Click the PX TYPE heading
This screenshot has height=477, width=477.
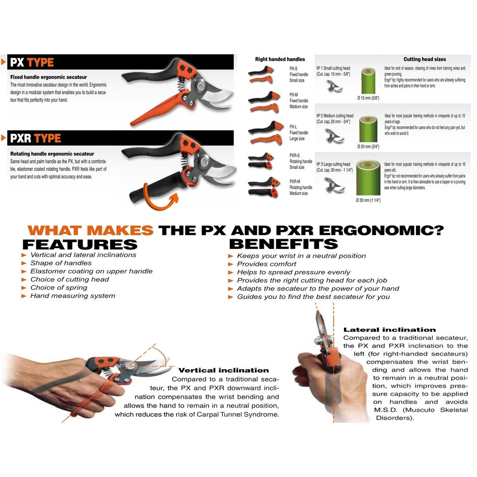tap(33, 62)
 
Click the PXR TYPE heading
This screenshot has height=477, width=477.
tap(36, 138)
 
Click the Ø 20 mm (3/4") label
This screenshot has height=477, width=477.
tap(368, 146)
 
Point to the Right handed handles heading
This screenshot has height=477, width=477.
tap(280, 59)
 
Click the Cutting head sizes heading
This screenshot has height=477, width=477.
tap(425, 59)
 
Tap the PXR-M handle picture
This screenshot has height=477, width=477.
tap(261, 186)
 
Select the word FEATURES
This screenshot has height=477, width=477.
tap(80, 244)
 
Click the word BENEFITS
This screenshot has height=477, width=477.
tap(283, 244)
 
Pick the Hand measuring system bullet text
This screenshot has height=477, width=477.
tap(73, 296)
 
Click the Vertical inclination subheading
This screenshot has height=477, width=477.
tap(223, 370)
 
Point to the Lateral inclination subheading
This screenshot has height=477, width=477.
tap(389, 330)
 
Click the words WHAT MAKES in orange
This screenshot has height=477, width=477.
tap(91, 230)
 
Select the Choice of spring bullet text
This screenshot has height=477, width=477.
tap(59, 288)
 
